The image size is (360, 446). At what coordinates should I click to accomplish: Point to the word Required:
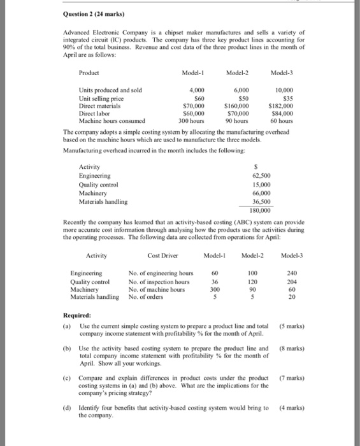click(77, 314)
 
